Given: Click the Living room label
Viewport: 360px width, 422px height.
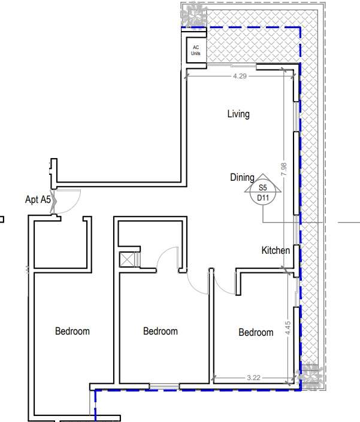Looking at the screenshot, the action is (x=238, y=114).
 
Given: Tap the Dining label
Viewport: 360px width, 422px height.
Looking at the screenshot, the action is (x=242, y=177).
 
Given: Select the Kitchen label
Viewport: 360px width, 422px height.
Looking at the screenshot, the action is (x=276, y=250).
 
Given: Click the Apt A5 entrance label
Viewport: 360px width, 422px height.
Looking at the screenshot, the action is (x=38, y=199).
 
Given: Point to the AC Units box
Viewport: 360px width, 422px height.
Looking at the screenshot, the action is (x=196, y=50).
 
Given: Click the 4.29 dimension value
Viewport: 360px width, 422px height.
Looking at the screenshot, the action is (x=240, y=76).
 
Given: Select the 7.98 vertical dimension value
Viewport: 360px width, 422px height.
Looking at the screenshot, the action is (x=284, y=169).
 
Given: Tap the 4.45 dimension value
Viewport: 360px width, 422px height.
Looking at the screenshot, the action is (x=288, y=328).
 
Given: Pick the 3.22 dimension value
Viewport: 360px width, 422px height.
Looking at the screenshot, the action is (x=253, y=378).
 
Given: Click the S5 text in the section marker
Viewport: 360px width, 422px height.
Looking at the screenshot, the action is (x=262, y=187).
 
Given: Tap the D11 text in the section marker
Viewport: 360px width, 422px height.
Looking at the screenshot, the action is (x=263, y=198).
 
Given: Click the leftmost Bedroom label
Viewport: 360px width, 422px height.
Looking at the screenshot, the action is (x=72, y=331).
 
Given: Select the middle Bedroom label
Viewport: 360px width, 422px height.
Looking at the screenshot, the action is (x=160, y=331).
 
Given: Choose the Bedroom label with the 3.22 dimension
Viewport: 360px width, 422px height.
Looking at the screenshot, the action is (x=256, y=332).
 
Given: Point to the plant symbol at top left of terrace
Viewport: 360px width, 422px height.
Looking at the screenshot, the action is (x=193, y=14).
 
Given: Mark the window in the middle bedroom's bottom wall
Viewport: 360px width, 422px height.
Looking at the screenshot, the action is (x=164, y=387).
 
